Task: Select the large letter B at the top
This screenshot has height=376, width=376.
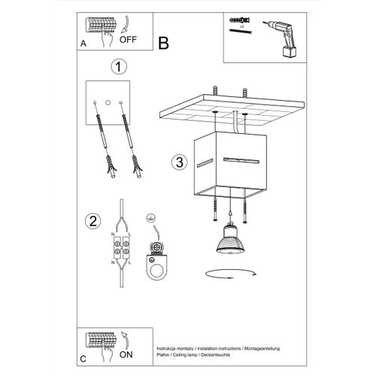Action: pyautogui.click(x=163, y=43)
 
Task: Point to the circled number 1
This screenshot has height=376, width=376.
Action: pyautogui.click(x=117, y=68)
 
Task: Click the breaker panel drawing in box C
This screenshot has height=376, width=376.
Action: pyautogui.click(x=100, y=340)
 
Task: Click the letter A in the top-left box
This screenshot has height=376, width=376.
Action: pyautogui.click(x=82, y=44)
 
